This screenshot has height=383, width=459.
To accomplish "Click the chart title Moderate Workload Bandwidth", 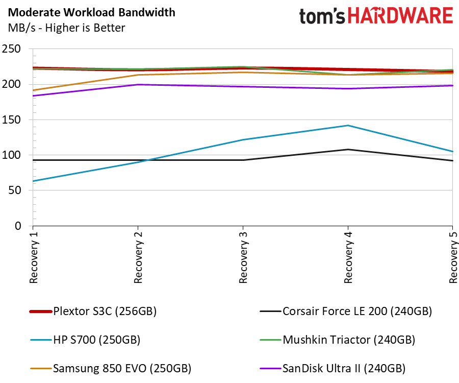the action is tap(92, 13).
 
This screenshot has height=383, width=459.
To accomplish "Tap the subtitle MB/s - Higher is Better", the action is tap(66, 28).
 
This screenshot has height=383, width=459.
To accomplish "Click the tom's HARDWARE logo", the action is tap(376, 16).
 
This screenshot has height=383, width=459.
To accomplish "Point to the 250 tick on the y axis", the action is tap(11, 49).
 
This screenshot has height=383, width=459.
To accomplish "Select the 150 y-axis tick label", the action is tap(11, 119).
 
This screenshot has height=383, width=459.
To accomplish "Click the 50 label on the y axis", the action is tap(15, 190).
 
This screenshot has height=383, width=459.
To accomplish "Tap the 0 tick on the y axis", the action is tap(18, 226).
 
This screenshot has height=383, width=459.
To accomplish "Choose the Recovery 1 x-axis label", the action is tap(34, 257).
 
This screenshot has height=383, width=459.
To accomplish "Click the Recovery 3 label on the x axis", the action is tap(243, 257).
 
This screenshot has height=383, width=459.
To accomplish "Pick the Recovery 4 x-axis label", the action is tap(348, 257).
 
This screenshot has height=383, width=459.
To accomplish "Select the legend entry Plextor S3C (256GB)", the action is tap(93, 311).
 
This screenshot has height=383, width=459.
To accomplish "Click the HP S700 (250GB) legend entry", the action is tap(85, 340).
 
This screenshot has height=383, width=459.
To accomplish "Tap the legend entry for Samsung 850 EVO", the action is tap(111, 368).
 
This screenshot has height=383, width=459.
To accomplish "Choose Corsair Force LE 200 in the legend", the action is tap(346, 311).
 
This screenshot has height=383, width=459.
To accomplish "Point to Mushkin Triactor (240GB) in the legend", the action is tap(338, 340).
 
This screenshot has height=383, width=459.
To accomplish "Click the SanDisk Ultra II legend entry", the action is tap(333, 368).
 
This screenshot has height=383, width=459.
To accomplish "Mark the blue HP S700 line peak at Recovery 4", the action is tap(348, 126).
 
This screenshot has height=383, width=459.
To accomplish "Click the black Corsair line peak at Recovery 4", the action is tap(348, 150).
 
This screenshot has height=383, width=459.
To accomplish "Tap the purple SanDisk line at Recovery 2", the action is tap(138, 85).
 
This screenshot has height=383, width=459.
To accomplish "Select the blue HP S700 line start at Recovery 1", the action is tap(33, 181).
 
